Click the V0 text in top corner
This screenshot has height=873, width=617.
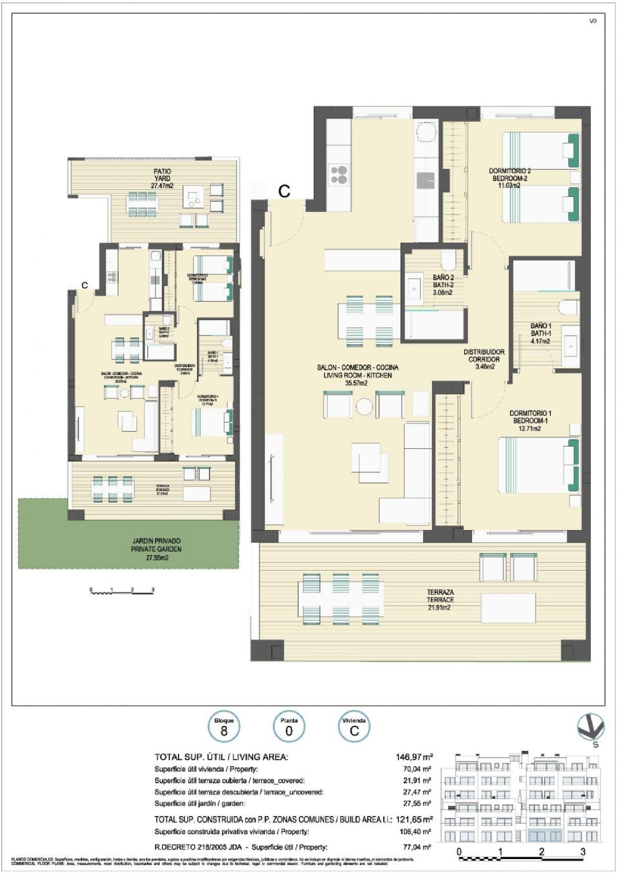(x=593, y=21)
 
